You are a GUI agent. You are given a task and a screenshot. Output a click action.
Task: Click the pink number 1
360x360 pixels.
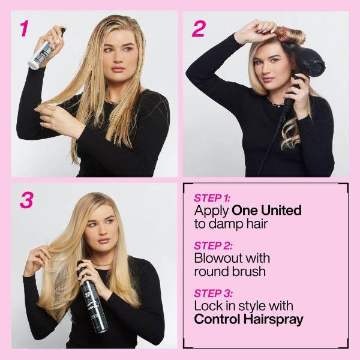(x=25, y=28)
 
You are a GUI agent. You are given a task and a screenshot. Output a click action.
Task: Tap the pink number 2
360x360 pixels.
(x=198, y=28)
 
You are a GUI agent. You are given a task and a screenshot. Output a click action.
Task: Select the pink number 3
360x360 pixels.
(x=26, y=200)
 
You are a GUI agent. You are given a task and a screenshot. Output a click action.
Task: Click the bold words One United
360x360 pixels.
(x=266, y=211)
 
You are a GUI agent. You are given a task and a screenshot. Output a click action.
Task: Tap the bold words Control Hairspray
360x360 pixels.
(x=248, y=319)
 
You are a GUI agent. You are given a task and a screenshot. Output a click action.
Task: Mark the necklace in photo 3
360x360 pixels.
(x=102, y=264)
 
